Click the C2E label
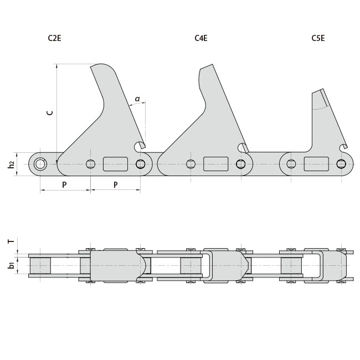coord(54,38)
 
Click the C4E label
coord(201,38)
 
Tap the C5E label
coord(318,38)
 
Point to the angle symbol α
coord(137,99)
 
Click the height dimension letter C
coord(50,112)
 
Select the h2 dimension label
coord(11,164)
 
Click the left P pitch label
coord(64,184)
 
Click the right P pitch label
coord(115,184)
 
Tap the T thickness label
coord(11,241)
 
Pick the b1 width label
coord(11,265)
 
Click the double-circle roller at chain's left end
coord(40,164)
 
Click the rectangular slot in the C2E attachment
coord(115,164)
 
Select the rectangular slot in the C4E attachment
coord(216,164)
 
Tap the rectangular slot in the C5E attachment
coord(316,164)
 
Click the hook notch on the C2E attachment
coord(140,146)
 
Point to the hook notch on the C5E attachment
coord(343,147)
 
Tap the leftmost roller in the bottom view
coord(40,265)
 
